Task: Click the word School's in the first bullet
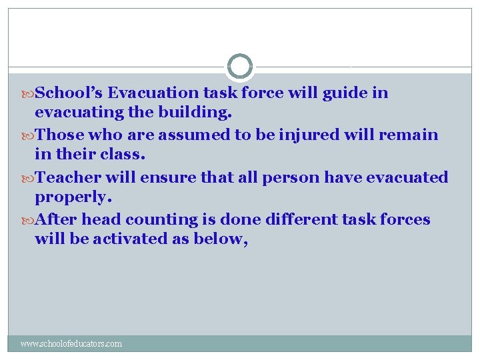(x=69, y=93)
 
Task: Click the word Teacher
(x=67, y=177)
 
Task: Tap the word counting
(x=162, y=220)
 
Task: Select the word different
(x=295, y=219)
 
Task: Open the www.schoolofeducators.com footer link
(x=71, y=344)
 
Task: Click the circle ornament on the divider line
(x=239, y=67)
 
